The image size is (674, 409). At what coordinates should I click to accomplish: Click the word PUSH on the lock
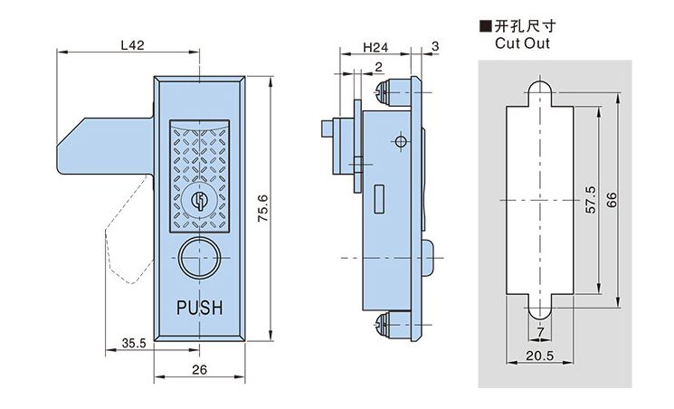click(x=198, y=309)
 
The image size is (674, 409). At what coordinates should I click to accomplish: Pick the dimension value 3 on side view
click(x=435, y=45)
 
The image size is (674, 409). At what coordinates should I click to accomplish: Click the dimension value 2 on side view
click(x=377, y=66)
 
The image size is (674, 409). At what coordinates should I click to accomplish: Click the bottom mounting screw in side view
click(x=386, y=324)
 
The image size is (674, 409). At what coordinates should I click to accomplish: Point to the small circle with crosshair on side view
click(x=398, y=142)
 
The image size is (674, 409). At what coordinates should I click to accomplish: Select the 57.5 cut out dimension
click(x=588, y=199)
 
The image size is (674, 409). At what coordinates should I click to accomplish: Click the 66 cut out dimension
click(x=612, y=199)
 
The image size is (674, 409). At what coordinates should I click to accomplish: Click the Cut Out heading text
click(x=522, y=43)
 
